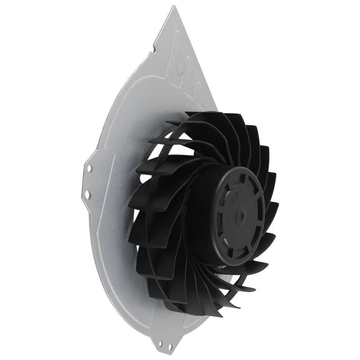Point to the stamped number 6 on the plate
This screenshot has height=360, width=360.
[x=180, y=67]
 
